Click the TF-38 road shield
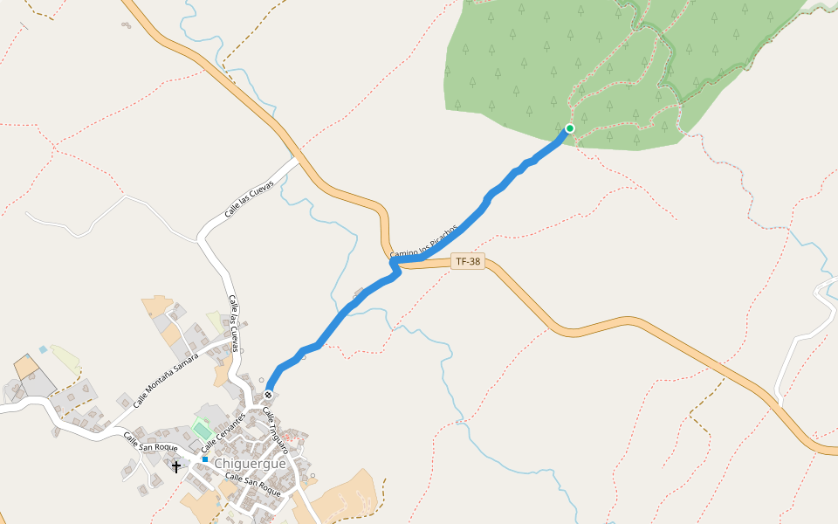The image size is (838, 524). [x=468, y=261]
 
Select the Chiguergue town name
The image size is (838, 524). [x=250, y=463]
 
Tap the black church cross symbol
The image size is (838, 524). [x=176, y=466]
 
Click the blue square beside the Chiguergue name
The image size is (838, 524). [x=204, y=458]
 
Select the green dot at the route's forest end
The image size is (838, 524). [x=570, y=128]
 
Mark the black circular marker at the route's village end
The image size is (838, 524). [x=269, y=395]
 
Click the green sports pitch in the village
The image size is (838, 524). [x=203, y=431]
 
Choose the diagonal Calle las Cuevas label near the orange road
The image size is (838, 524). [x=249, y=199]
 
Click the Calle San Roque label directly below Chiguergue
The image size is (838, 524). [x=253, y=485]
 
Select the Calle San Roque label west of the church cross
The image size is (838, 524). [x=150, y=441]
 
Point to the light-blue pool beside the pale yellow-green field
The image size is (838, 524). [x=43, y=349]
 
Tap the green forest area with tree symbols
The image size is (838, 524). [x=524, y=61]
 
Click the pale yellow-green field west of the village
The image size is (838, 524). [x=65, y=359]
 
